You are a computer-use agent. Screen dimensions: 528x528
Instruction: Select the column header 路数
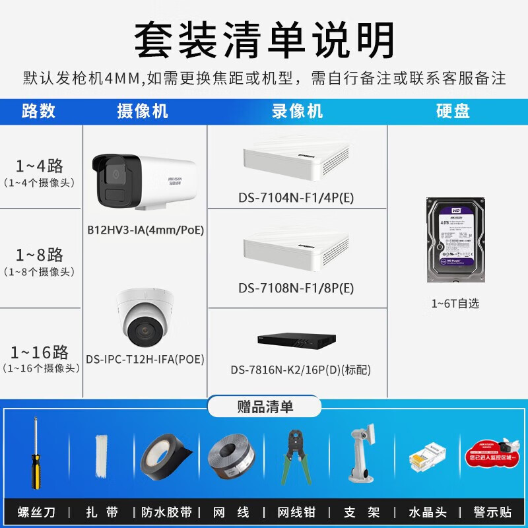(x=38, y=111)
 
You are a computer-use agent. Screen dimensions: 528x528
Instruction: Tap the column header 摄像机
(x=142, y=111)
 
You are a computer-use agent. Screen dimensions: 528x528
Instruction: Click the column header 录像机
(x=297, y=111)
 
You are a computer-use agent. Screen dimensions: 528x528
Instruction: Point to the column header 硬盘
(x=453, y=111)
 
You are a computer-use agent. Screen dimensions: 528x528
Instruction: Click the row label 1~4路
(x=40, y=165)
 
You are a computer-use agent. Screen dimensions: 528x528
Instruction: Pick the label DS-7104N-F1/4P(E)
(x=296, y=197)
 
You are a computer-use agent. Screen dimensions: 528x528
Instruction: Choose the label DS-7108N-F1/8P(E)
(x=296, y=288)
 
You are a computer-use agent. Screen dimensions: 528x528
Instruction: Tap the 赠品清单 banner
(x=264, y=406)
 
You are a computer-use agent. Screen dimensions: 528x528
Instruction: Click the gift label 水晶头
(x=428, y=511)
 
